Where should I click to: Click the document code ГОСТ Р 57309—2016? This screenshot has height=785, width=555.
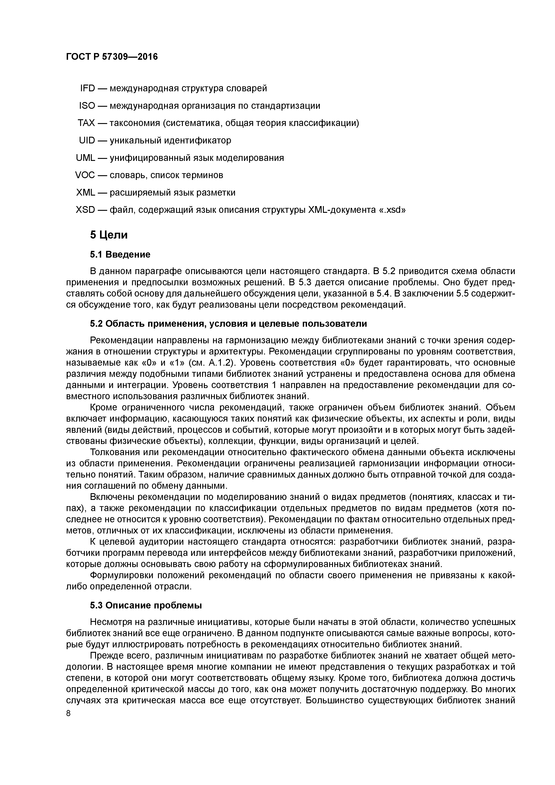point(112,57)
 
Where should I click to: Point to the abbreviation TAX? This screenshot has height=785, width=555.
point(86,123)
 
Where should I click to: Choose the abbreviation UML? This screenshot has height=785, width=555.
point(85,158)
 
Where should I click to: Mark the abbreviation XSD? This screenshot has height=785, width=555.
point(85,210)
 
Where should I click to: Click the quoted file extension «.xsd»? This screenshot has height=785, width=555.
point(392,210)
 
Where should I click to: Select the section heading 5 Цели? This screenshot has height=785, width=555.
point(109,235)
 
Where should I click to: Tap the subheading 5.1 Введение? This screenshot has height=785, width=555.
point(120,255)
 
